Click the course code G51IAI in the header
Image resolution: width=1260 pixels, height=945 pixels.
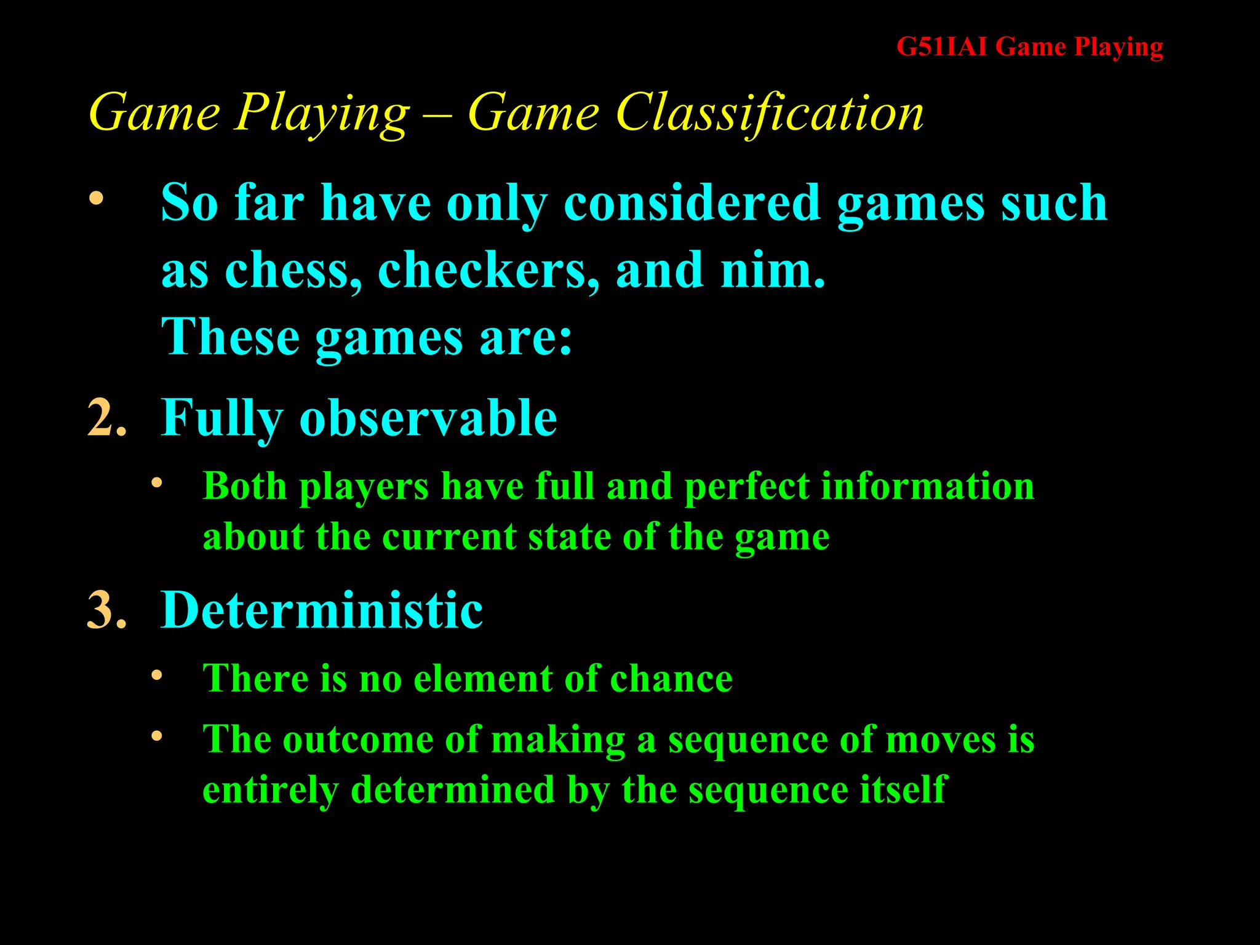point(941,47)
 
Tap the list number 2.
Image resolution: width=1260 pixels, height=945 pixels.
point(106,418)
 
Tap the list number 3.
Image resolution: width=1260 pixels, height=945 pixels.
point(106,610)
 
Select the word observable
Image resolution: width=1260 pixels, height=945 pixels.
point(428,418)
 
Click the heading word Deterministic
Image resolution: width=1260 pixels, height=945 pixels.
point(322,610)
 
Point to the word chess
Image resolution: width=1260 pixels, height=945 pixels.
point(293,271)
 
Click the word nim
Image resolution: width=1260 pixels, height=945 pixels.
point(772,271)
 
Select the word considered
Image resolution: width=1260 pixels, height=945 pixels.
point(692,203)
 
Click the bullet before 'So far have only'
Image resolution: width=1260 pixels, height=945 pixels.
point(96,199)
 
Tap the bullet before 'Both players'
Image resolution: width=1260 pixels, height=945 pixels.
point(157,483)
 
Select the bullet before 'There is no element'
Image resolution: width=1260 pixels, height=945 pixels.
point(157,676)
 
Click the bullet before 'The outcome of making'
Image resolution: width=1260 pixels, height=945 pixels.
point(157,736)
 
